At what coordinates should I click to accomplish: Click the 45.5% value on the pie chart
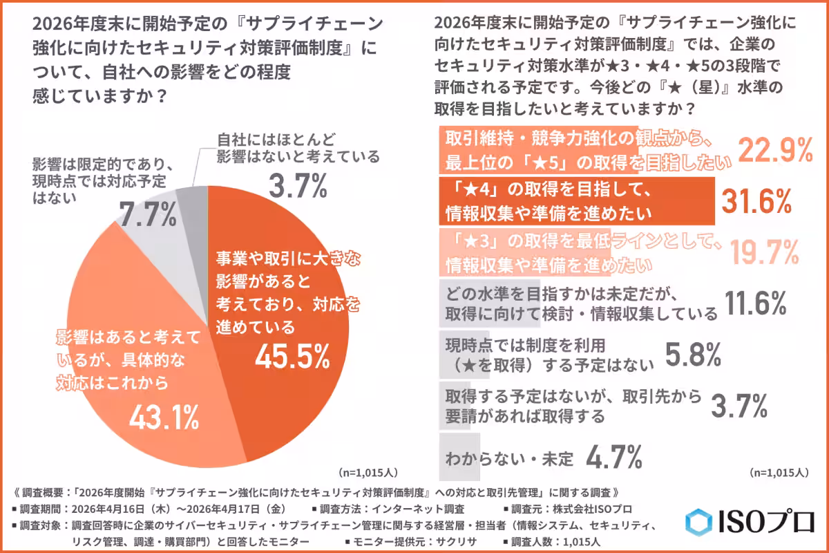292,356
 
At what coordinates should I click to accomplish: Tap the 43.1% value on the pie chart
164,415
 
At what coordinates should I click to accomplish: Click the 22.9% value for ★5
774,150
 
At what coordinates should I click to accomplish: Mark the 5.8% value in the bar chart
694,354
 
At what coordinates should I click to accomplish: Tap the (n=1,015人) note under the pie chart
367,473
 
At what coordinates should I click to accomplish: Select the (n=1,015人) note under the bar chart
777,473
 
